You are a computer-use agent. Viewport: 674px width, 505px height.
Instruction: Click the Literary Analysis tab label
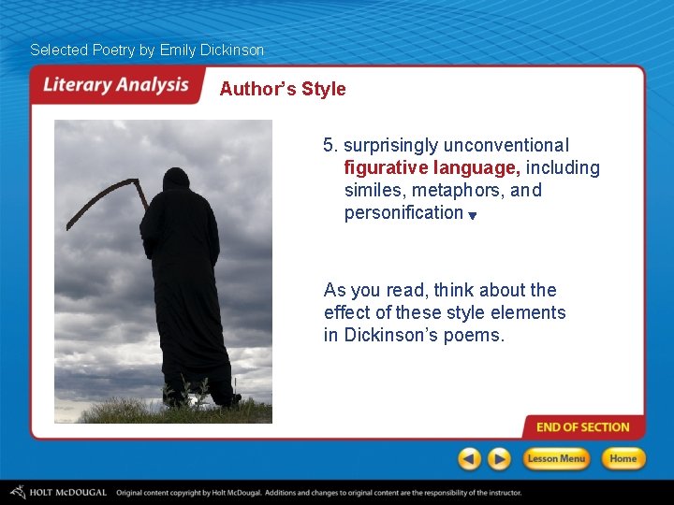coord(115,85)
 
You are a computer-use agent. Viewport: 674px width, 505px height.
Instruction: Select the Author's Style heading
coord(283,90)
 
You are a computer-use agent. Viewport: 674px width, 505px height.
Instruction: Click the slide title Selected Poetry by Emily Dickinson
coord(147,50)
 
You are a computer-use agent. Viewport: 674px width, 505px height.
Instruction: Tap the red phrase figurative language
coord(432,168)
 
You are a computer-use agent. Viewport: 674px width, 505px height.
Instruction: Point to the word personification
coord(403,213)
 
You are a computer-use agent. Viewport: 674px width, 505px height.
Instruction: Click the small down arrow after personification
coord(473,216)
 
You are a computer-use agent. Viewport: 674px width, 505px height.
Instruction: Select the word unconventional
coord(505,146)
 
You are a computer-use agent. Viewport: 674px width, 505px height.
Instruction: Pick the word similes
coord(373,191)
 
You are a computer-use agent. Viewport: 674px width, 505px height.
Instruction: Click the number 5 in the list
coord(329,146)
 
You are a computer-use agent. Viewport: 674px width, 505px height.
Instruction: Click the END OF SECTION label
coord(582,427)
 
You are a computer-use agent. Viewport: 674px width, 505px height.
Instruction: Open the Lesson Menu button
coord(556,458)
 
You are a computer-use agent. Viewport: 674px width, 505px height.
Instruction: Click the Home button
coord(623,458)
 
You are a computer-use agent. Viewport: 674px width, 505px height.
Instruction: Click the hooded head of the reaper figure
coord(175,183)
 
